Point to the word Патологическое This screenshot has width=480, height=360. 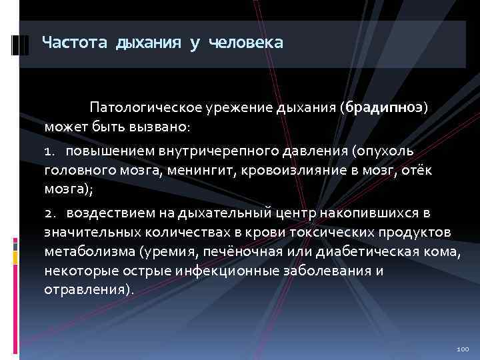point(138,107)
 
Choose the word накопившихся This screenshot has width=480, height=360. point(366,213)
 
